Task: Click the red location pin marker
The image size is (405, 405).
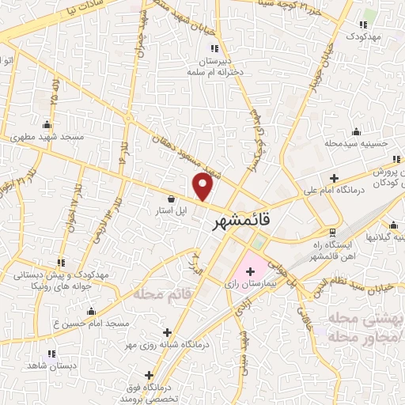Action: (204, 187)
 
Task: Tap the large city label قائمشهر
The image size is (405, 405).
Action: (241, 223)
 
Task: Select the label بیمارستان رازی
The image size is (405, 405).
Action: (248, 282)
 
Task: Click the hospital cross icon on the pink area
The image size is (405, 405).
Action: (250, 271)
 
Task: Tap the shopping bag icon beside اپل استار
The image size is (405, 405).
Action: (172, 199)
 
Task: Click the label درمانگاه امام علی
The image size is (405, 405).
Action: (331, 191)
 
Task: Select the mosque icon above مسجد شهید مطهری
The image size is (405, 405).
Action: (47, 124)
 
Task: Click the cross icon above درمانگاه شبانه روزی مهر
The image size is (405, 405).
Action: (165, 333)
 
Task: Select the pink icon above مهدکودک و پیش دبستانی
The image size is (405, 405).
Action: (61, 262)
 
